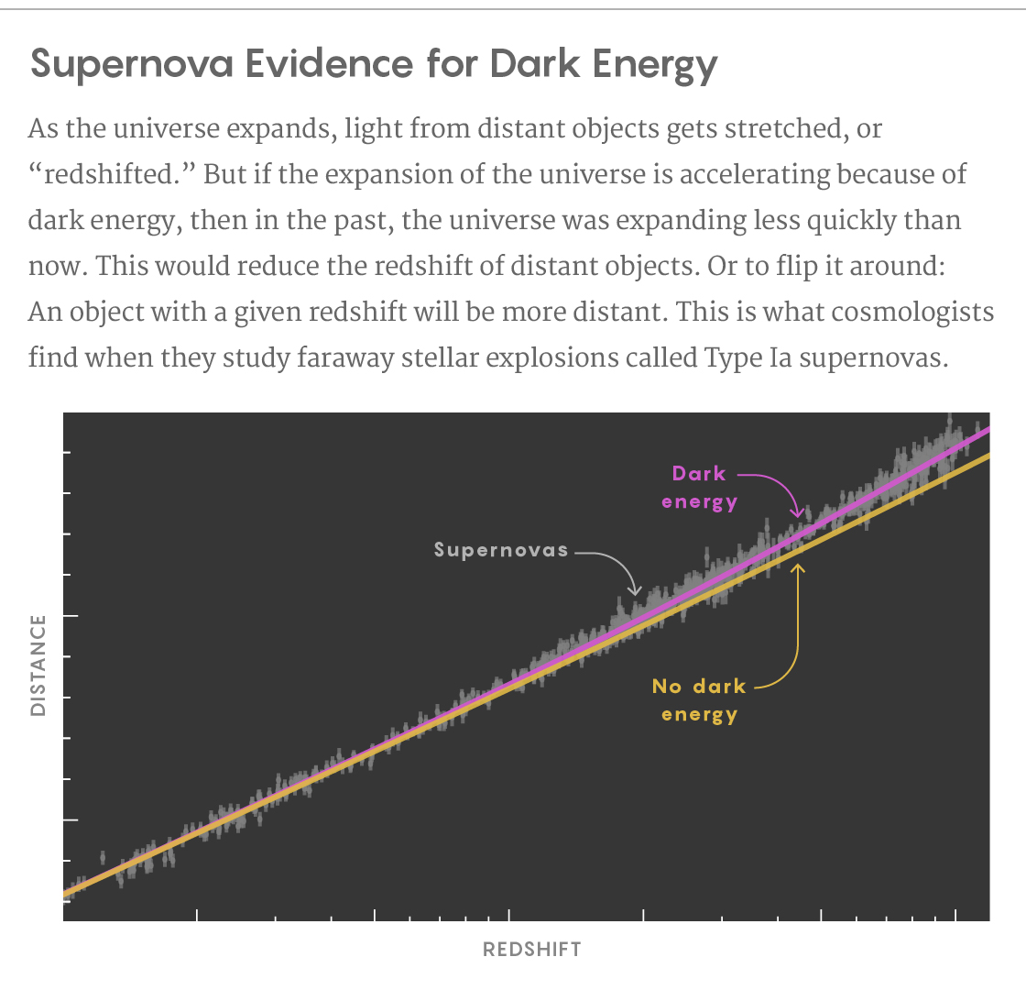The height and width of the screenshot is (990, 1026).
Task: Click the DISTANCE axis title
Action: (38, 665)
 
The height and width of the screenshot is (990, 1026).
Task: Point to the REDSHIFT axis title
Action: (531, 950)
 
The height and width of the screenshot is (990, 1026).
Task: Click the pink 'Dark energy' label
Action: (699, 488)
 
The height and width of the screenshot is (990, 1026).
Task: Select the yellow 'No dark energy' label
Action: (699, 700)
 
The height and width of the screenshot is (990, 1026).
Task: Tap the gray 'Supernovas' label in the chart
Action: (501, 551)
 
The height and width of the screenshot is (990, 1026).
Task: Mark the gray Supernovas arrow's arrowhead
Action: (634, 593)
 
